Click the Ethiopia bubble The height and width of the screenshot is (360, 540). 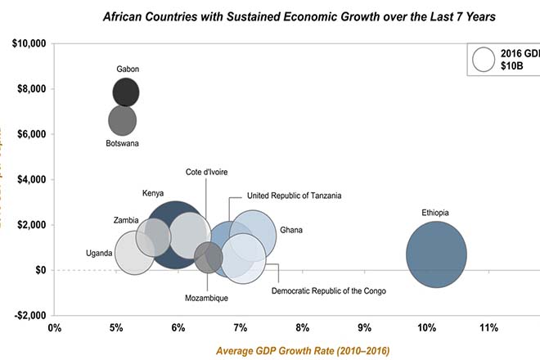point(436,254)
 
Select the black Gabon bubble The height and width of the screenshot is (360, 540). point(126,92)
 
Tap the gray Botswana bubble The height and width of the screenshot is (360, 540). point(123,121)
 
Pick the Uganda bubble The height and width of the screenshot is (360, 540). point(135,253)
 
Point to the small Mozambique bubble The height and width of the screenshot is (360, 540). point(209,259)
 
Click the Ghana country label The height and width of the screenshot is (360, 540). point(291,230)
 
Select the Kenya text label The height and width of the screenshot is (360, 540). point(153,194)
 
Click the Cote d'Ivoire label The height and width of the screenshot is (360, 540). point(206,172)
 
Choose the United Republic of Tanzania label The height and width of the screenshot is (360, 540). point(295,196)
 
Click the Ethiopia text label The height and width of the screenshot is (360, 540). point(435,213)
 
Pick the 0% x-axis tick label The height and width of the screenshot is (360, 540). point(55,328)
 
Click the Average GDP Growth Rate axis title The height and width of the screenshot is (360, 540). point(303,350)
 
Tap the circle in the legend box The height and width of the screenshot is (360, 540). point(484,60)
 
